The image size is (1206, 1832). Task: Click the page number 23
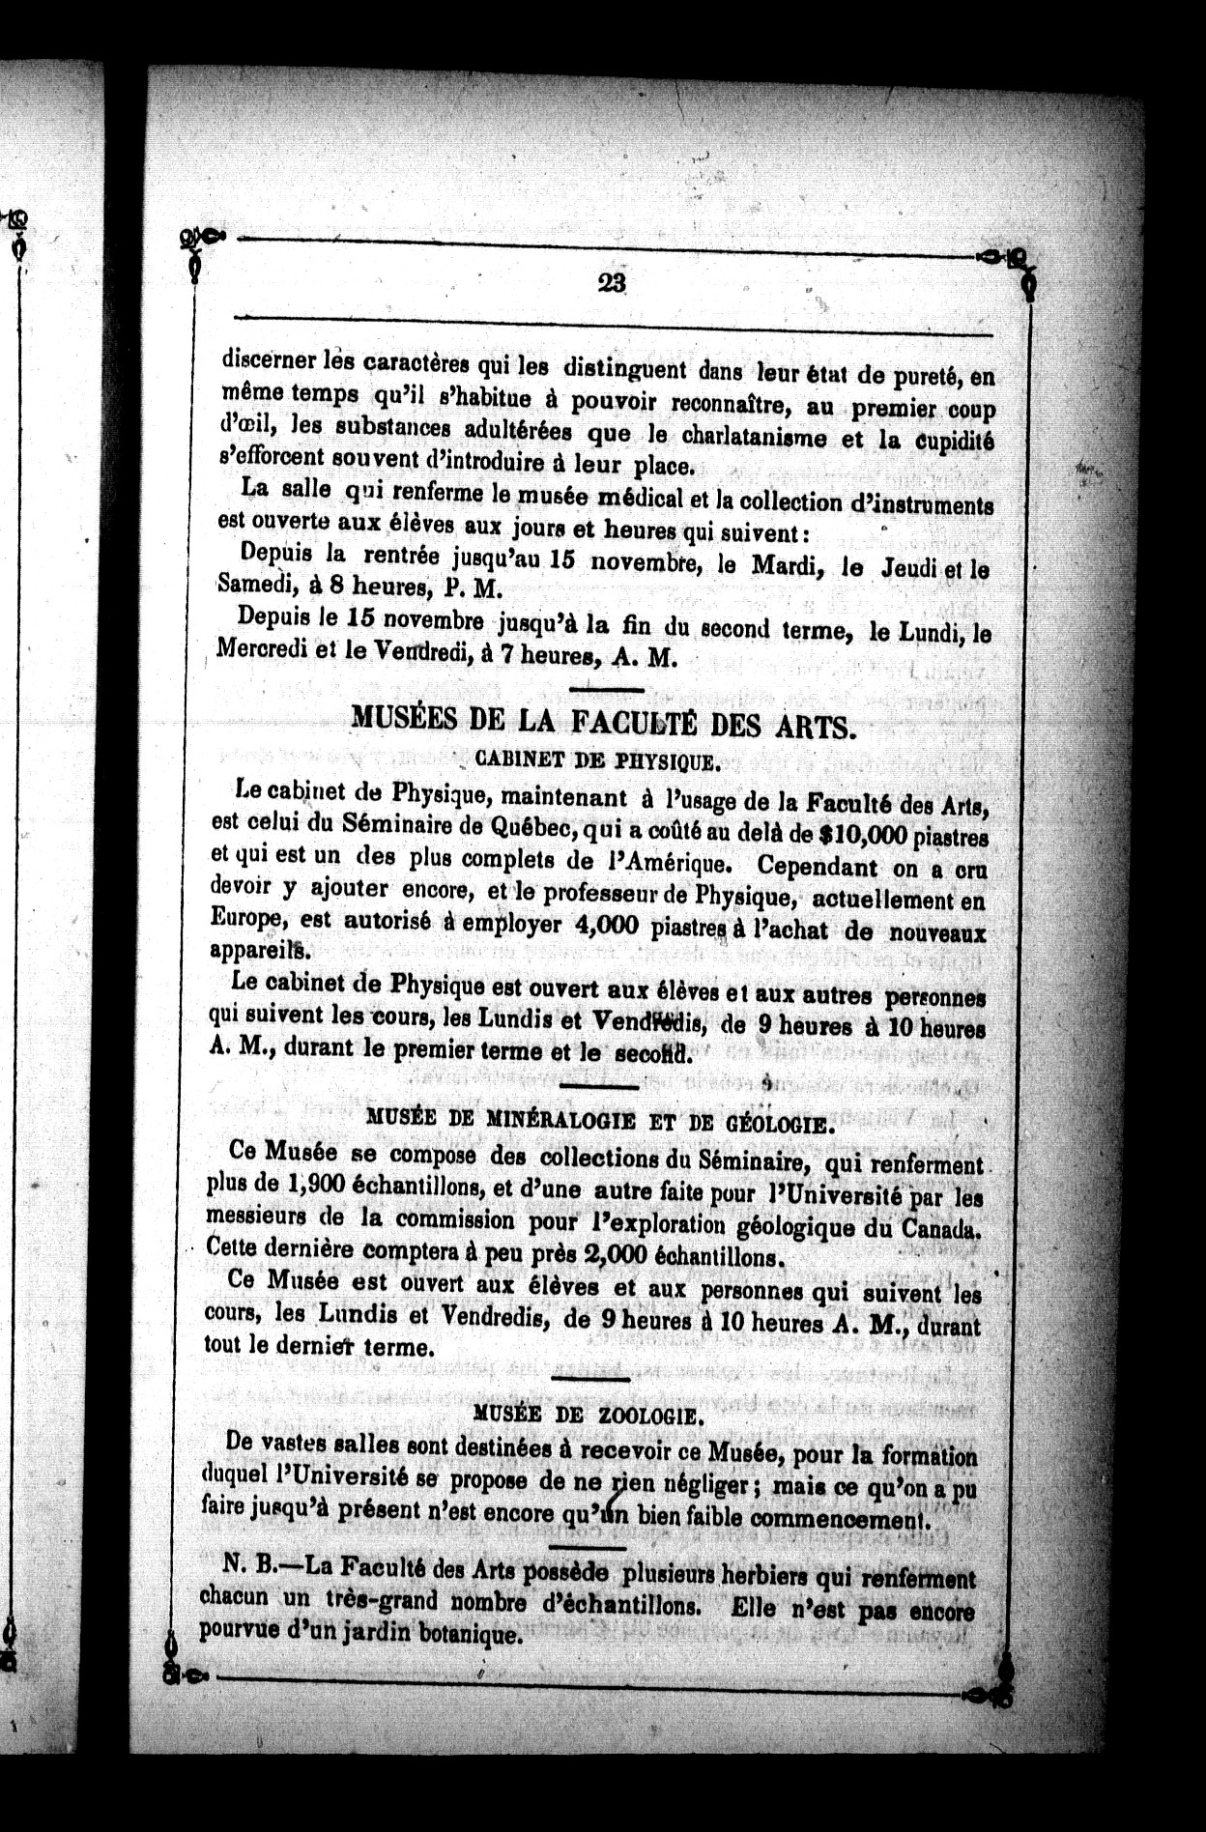point(613,282)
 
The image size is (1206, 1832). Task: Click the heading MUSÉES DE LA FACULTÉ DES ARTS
point(603,722)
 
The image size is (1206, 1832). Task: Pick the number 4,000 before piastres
point(606,925)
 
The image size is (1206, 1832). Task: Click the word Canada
point(941,1231)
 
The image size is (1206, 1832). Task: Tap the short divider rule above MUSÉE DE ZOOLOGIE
point(589,1378)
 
